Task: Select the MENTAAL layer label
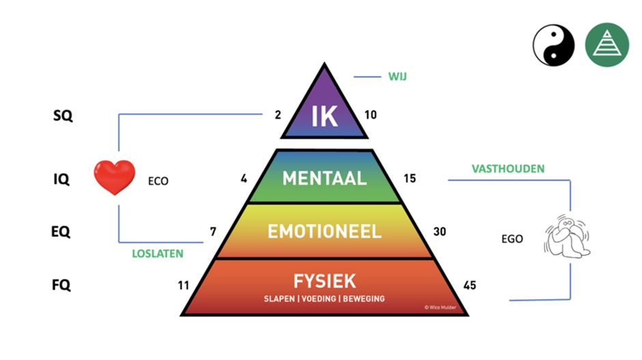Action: click(324, 178)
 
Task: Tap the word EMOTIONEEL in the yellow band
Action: click(324, 231)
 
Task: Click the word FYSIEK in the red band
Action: click(324, 281)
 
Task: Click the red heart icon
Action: click(115, 178)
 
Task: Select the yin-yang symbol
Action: click(554, 45)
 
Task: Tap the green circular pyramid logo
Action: click(606, 45)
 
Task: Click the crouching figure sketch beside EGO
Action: click(566, 234)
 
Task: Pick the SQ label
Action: click(62, 115)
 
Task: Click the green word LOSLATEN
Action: click(158, 253)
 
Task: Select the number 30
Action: click(441, 232)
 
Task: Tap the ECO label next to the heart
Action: click(158, 182)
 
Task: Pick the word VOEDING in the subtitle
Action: click(324, 299)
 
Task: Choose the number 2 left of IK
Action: click(278, 115)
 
